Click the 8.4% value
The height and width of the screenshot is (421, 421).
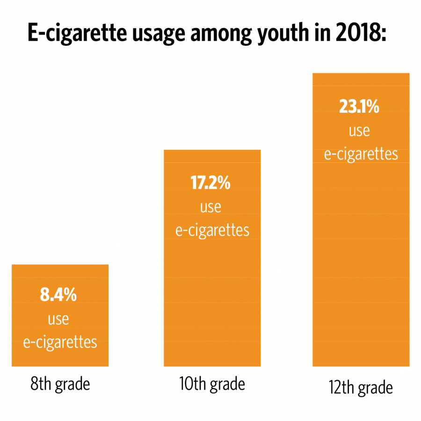(x=58, y=296)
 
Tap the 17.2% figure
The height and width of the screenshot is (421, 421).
(x=210, y=182)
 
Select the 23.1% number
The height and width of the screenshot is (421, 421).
(x=359, y=107)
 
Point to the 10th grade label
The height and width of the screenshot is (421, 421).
(x=212, y=384)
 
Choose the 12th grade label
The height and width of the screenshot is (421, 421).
(x=360, y=388)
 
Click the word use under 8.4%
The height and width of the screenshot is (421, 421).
(x=58, y=319)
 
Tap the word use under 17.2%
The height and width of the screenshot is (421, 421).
(x=210, y=206)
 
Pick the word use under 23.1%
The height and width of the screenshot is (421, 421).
(x=359, y=131)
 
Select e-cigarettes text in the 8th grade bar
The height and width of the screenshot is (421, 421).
(x=60, y=342)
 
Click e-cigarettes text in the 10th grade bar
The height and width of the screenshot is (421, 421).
(x=212, y=230)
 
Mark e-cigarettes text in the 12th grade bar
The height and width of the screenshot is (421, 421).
(x=361, y=154)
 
